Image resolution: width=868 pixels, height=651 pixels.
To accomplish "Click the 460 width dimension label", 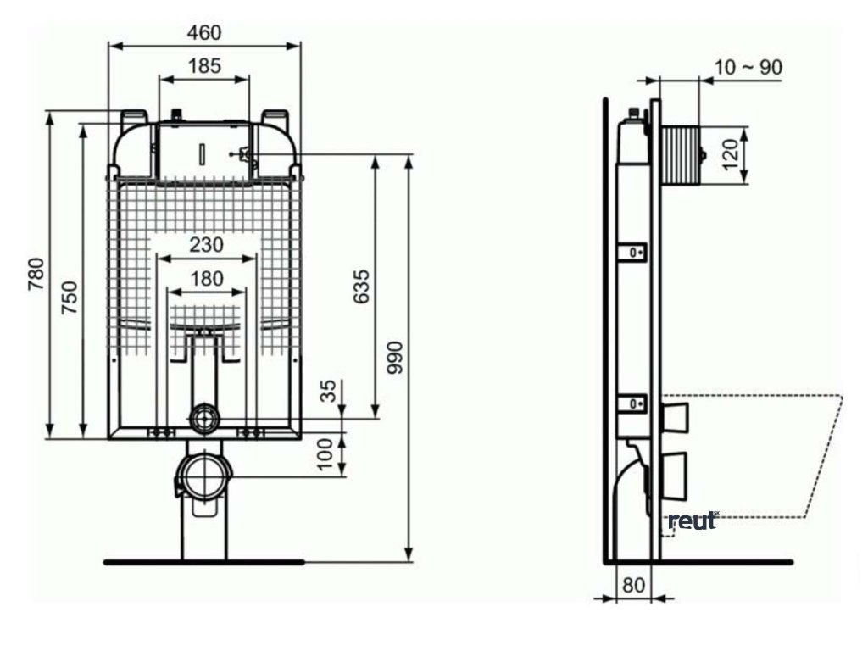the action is click(204, 33).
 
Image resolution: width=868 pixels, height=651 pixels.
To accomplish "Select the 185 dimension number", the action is click(205, 66).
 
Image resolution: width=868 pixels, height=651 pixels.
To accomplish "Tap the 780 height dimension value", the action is click(36, 274).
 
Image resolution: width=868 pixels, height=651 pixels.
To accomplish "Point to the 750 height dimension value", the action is click(70, 298).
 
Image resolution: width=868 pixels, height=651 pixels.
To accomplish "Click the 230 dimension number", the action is click(207, 244).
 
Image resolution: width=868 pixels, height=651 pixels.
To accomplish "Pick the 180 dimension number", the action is click(207, 278).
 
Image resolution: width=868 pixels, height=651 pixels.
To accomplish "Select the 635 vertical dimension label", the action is click(361, 287).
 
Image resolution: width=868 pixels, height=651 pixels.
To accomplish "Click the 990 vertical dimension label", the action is click(395, 358).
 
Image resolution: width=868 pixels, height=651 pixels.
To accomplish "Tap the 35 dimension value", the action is click(329, 391).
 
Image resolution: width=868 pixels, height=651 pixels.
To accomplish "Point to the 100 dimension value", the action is click(326, 453).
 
